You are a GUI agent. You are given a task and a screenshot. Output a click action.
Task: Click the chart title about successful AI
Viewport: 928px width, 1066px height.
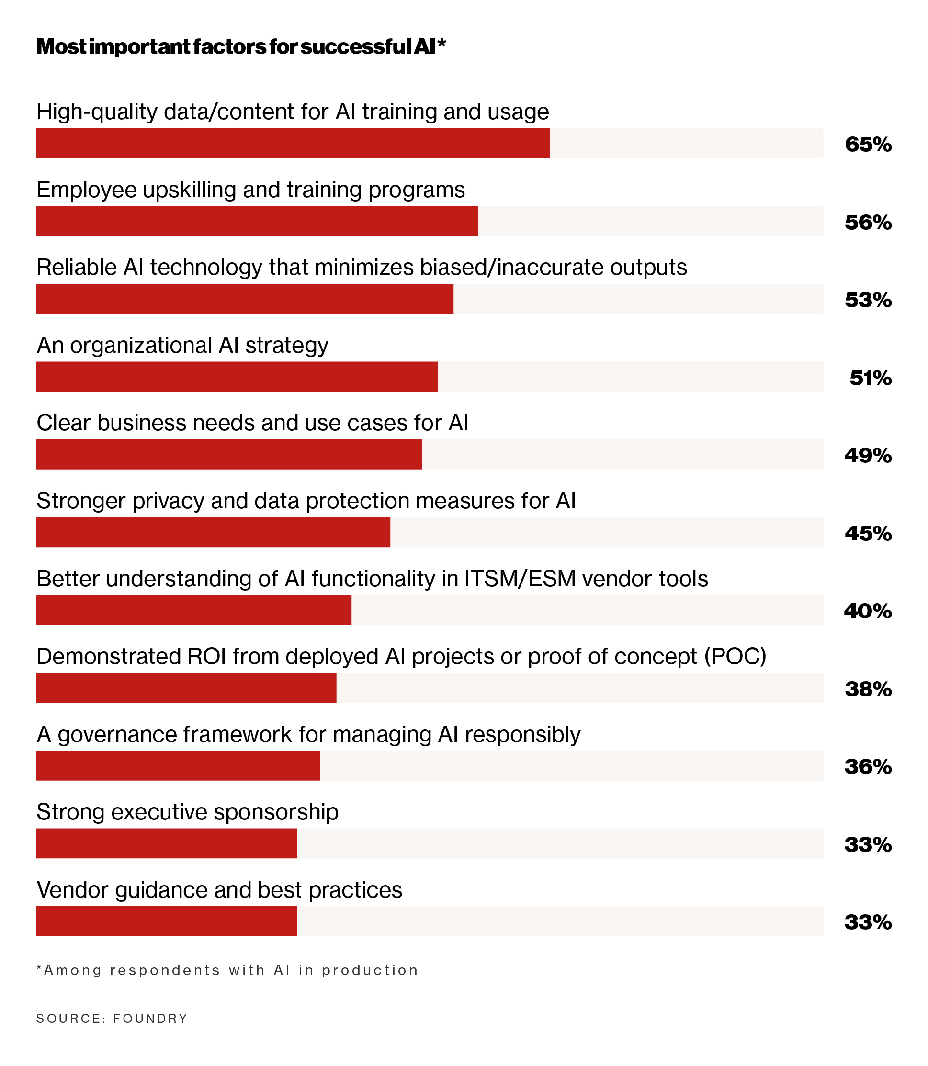(x=241, y=46)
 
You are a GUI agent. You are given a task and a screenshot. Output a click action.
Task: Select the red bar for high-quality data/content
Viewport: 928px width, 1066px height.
(x=293, y=144)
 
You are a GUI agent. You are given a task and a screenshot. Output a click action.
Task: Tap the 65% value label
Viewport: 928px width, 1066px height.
(x=868, y=145)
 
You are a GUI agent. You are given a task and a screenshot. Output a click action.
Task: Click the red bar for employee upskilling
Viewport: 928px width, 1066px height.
(x=257, y=221)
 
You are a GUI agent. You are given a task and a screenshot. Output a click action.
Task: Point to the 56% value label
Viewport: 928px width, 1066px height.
(x=868, y=223)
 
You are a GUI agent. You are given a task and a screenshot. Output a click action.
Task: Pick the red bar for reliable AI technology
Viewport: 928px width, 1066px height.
(x=244, y=299)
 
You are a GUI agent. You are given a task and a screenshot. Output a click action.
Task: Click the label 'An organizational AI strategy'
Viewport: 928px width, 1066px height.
(x=182, y=345)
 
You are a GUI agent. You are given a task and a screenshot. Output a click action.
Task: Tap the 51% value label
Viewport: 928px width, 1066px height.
(x=870, y=379)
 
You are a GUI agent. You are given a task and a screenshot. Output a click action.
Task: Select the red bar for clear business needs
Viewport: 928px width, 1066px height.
(x=229, y=455)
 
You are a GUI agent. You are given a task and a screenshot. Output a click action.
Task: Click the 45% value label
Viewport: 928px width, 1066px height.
(x=868, y=534)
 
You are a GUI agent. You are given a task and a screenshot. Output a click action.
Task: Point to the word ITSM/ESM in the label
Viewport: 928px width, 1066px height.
(x=520, y=579)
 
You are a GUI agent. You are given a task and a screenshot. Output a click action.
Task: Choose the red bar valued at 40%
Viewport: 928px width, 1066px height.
(x=193, y=610)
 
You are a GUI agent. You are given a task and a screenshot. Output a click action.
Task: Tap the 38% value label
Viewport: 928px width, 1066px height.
(x=868, y=689)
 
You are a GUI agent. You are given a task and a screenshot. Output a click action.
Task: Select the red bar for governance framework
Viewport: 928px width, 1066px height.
(x=178, y=766)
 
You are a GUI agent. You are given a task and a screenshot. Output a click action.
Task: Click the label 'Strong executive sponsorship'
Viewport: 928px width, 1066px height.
(x=187, y=812)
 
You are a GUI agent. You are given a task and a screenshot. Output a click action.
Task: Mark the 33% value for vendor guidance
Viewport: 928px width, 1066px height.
(x=868, y=922)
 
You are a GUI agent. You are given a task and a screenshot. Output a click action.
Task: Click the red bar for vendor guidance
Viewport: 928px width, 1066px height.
(x=166, y=921)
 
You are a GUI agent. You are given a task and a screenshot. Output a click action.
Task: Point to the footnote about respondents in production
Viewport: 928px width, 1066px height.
(x=227, y=970)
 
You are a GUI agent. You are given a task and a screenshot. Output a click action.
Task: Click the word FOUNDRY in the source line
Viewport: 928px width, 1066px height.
(x=150, y=1019)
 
